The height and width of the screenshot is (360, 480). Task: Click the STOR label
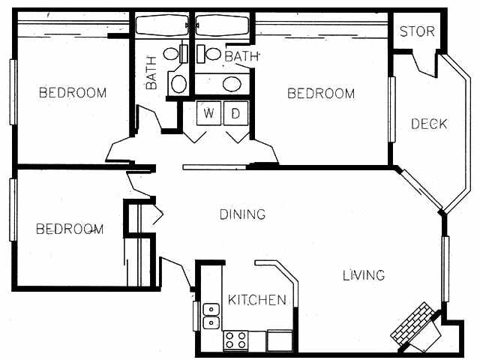pyautogui.click(x=417, y=31)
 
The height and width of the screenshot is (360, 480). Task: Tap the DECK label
pyautogui.click(x=428, y=124)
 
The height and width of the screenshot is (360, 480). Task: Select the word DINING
pyautogui.click(x=242, y=214)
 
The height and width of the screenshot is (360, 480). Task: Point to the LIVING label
pyautogui.click(x=364, y=275)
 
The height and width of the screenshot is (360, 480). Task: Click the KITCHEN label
pyautogui.click(x=257, y=300)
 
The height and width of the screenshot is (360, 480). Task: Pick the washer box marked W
pyautogui.click(x=208, y=114)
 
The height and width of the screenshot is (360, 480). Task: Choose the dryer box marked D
pyautogui.click(x=235, y=114)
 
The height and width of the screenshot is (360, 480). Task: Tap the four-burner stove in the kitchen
pyautogui.click(x=236, y=340)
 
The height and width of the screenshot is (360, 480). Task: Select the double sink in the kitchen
pyautogui.click(x=211, y=315)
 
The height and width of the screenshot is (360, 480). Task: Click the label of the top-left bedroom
pyautogui.click(x=73, y=93)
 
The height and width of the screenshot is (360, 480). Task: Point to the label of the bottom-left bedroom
pyautogui.click(x=70, y=229)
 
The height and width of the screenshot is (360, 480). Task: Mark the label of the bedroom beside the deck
pyautogui.click(x=321, y=94)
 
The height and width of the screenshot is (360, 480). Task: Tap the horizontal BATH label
pyautogui.click(x=241, y=56)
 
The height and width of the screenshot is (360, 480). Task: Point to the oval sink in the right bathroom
pyautogui.click(x=232, y=83)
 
